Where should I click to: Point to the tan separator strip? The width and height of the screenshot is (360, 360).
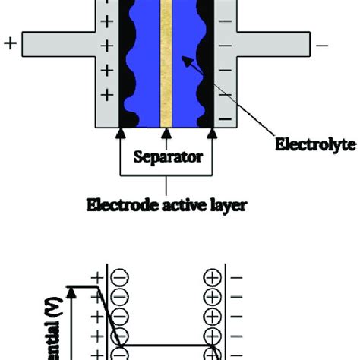(166, 61)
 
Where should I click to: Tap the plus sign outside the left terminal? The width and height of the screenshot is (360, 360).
(10, 45)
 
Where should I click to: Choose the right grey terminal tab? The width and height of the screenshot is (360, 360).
(273, 45)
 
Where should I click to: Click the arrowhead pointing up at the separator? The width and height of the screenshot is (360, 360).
(166, 134)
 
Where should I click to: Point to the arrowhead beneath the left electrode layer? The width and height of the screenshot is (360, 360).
(118, 134)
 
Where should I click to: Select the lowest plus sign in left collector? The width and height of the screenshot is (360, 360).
(107, 96)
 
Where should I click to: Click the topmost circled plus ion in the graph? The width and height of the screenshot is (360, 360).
(213, 278)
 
